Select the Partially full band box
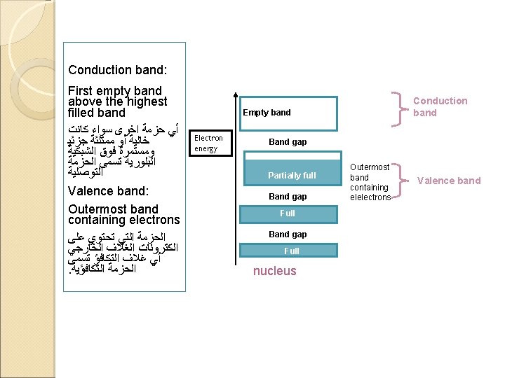tap(291, 175)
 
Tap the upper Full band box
tap(288, 213)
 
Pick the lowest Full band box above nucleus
tap(291, 251)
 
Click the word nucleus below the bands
tap(274, 271)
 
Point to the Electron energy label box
tap(209, 143)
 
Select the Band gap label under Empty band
tap(288, 142)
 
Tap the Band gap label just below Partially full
tap(288, 197)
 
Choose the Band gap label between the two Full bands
tap(288, 234)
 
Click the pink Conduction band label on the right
tap(440, 106)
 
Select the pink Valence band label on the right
tap(449, 181)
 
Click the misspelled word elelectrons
tap(370, 197)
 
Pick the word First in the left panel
tap(81, 91)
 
